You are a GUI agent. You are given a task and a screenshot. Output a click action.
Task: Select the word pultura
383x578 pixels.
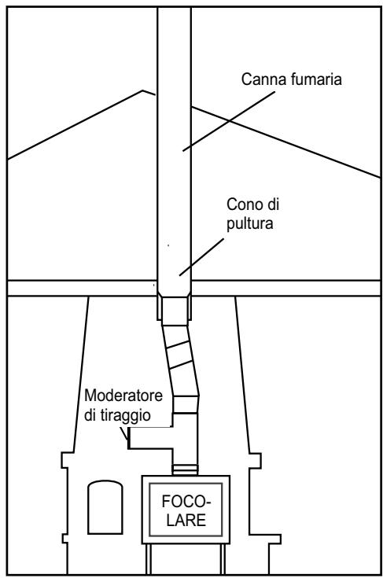click(x=249, y=224)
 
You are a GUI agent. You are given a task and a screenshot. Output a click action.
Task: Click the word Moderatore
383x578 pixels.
click(x=123, y=396)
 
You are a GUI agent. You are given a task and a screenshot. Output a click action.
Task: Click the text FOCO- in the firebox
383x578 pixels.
click(x=186, y=502)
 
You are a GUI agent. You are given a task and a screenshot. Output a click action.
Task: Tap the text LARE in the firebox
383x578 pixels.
click(x=186, y=520)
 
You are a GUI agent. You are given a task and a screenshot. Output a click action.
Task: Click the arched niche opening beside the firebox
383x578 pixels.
click(x=105, y=507)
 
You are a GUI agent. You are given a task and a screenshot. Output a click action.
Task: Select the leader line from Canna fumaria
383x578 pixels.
click(x=229, y=121)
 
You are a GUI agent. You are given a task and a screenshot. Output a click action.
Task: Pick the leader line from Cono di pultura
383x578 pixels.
click(x=201, y=257)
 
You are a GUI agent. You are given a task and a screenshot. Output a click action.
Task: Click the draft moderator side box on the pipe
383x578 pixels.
click(x=150, y=438)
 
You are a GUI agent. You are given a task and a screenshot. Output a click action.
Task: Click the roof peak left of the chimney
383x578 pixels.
click(x=143, y=90)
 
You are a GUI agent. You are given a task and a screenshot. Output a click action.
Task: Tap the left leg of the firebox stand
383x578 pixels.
click(x=149, y=559)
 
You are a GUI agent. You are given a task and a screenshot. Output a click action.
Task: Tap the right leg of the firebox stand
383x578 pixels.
click(x=223, y=559)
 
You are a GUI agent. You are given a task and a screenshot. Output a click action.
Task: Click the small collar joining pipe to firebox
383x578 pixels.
click(x=185, y=470)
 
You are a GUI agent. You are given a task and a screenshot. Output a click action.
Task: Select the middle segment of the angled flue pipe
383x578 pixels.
click(x=180, y=355)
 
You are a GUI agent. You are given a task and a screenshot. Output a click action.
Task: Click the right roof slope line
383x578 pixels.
click(x=286, y=142)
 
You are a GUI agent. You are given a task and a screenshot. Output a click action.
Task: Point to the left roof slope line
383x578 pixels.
click(x=75, y=125)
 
